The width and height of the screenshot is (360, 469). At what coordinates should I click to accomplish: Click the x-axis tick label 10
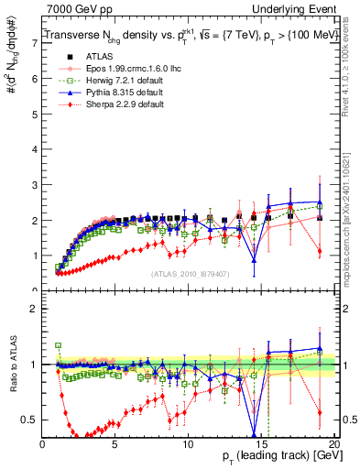[188, 444]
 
